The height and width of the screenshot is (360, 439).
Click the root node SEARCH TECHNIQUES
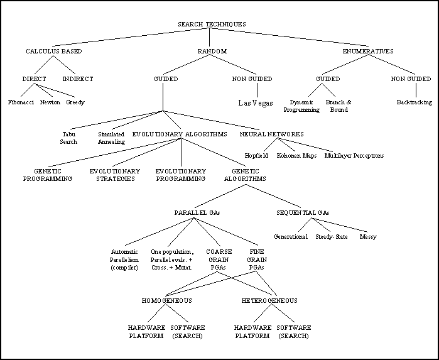tap(212, 25)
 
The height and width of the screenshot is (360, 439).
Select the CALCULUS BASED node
tap(54, 51)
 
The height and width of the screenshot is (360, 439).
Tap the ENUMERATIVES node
tap(368, 51)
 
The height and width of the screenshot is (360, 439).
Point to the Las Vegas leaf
tap(256, 103)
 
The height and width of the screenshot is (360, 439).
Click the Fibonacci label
tap(21, 102)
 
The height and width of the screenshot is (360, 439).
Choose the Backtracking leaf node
tap(415, 102)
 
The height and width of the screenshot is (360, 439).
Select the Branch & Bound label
tap(339, 106)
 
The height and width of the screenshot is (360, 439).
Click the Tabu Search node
tap(68, 138)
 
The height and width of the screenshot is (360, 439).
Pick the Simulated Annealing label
tap(111, 138)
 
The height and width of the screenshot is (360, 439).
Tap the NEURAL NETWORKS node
tap(272, 134)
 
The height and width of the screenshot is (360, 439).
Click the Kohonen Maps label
tap(296, 155)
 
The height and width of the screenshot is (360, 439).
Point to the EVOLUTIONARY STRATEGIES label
tap(113, 175)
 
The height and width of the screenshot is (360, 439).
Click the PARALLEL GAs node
tap(197, 213)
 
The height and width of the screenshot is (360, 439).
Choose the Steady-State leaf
tap(332, 237)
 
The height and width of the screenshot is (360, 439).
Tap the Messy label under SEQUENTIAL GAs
tap(368, 237)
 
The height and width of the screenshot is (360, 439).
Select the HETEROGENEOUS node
tap(269, 300)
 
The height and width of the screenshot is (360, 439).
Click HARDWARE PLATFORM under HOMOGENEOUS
tap(147, 332)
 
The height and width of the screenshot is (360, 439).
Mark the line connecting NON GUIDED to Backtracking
tap(415, 90)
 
